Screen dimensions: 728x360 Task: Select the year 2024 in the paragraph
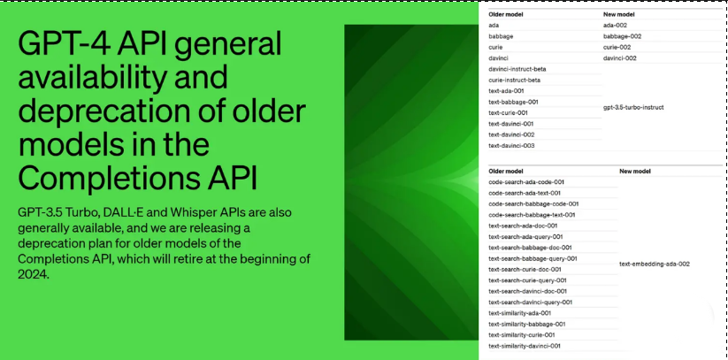33,274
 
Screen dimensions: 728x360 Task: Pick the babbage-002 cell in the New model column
622,36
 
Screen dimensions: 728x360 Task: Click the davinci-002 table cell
620,58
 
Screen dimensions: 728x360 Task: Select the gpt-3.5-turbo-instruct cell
633,107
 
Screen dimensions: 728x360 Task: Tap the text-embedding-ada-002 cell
655,264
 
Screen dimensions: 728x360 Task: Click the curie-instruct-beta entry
514,80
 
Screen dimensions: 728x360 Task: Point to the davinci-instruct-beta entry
517,69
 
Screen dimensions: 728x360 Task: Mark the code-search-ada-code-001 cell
526,182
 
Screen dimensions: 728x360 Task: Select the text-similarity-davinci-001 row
525,346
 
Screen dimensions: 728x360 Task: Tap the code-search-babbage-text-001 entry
533,215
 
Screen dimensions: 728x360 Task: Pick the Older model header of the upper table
506,14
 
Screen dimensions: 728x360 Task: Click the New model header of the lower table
635,172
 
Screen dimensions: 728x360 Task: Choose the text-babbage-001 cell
514,103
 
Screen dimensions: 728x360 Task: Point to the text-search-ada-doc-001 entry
524,226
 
